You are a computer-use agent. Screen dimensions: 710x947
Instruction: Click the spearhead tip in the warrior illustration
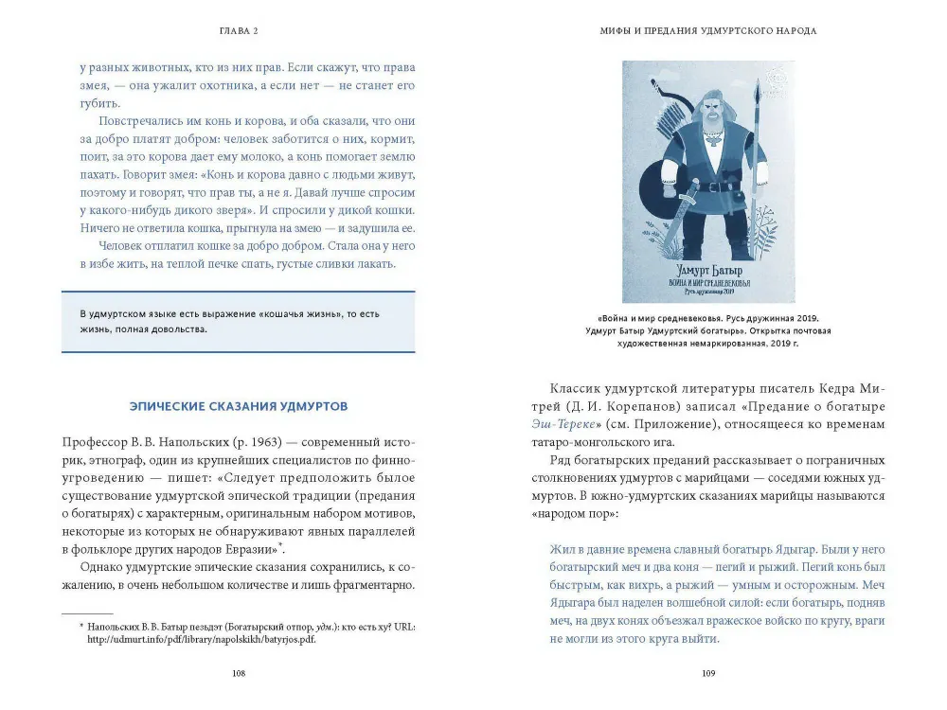(x=757, y=91)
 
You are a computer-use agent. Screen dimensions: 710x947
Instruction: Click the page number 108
(x=239, y=673)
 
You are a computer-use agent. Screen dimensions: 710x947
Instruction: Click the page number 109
(x=708, y=673)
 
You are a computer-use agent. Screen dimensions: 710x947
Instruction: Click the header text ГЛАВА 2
(x=238, y=31)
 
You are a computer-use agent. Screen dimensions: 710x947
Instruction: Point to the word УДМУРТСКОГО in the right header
(x=727, y=31)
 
